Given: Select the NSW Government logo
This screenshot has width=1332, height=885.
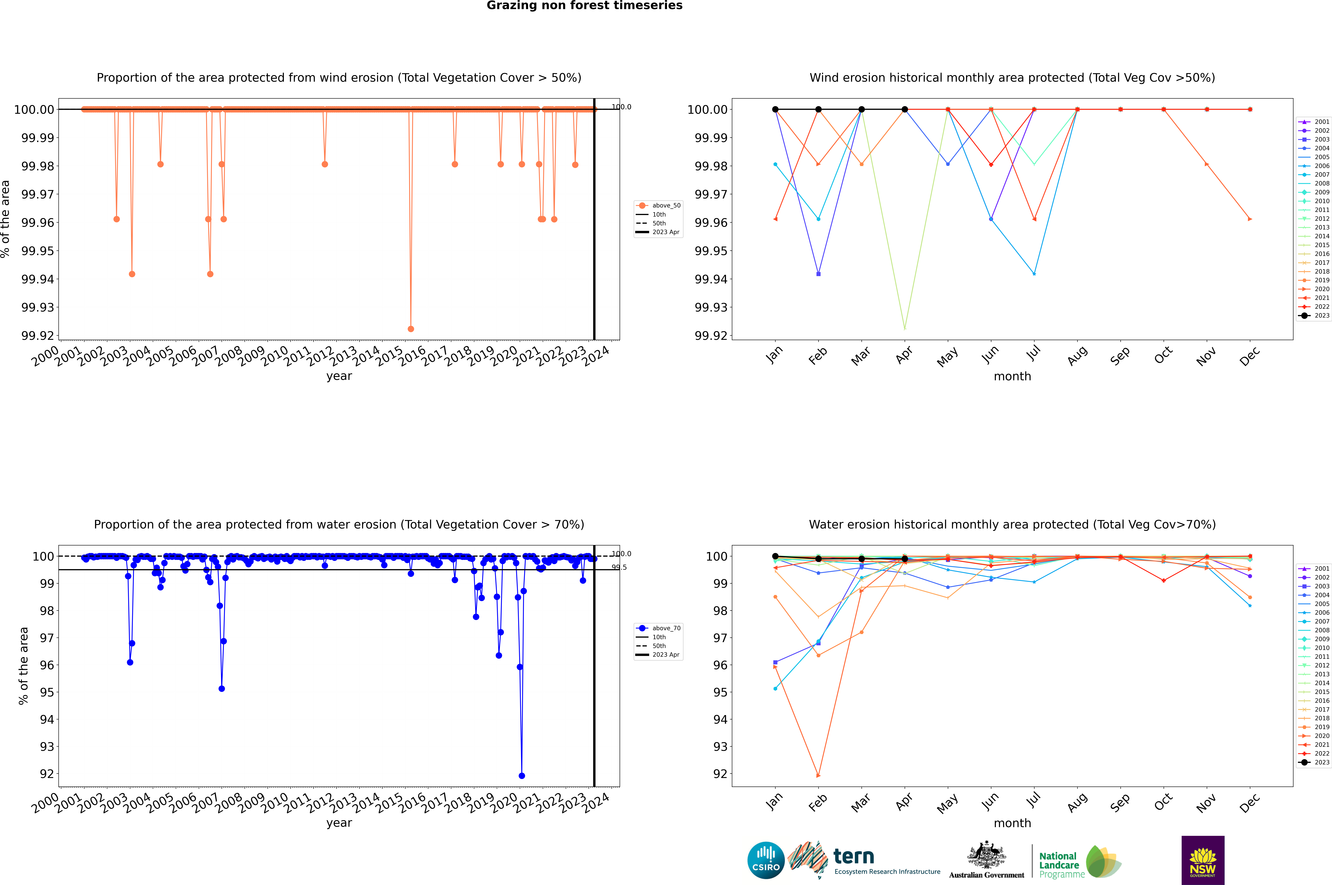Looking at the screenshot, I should tap(1203, 860).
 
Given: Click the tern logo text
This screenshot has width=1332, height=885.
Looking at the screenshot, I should tap(854, 857).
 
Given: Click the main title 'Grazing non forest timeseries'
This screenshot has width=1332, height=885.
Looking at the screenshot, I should tap(584, 6).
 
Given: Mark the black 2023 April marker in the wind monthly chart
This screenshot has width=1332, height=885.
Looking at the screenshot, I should tap(905, 110).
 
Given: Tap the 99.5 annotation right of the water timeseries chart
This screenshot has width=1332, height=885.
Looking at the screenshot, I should tap(619, 567).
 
